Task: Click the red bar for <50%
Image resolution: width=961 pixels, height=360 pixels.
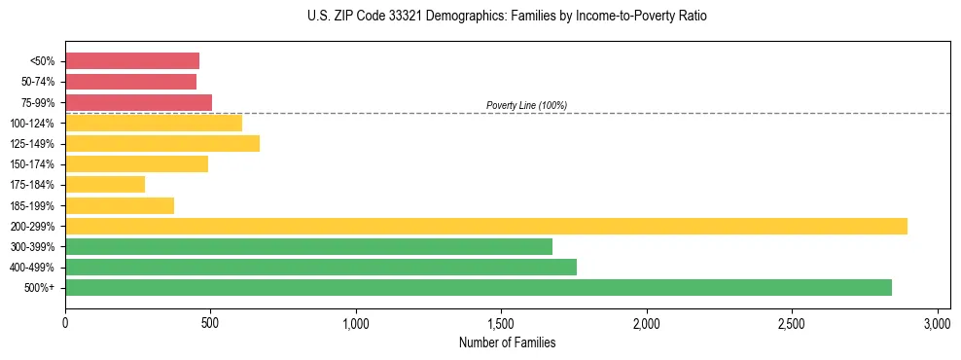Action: point(132,61)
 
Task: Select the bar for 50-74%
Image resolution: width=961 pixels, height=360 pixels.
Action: point(130,82)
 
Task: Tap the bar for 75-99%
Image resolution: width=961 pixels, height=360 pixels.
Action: point(138,102)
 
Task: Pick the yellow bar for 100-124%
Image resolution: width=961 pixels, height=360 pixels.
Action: point(154,123)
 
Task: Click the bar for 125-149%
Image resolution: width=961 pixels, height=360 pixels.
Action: point(162,143)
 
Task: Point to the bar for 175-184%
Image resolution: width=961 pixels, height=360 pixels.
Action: point(105,184)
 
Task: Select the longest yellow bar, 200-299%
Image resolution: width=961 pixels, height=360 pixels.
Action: point(486,226)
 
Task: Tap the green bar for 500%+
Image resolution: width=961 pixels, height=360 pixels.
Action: point(479,287)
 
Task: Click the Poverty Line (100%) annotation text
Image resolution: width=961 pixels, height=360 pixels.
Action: point(526,105)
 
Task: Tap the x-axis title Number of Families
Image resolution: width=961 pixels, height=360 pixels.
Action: point(507,342)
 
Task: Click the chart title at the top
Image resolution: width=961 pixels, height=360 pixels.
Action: point(507,17)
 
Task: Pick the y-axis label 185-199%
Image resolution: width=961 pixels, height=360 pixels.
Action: point(32,205)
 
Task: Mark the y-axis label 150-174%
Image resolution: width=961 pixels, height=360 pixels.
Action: point(32,164)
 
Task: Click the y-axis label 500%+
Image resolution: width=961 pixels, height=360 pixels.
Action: point(39,288)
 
